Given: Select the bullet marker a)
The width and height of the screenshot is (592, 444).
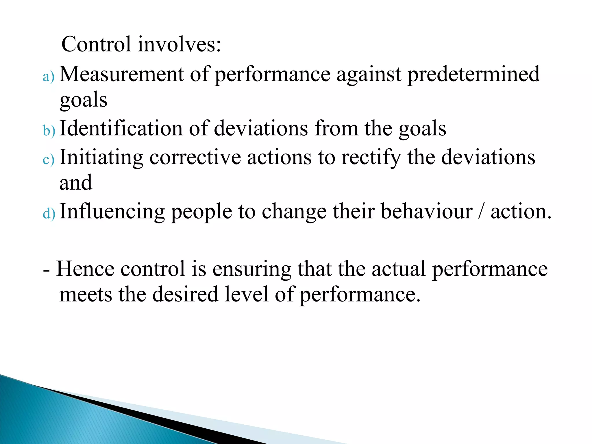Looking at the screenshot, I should click(48, 77).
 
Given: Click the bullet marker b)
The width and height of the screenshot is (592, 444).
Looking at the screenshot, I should click(49, 131).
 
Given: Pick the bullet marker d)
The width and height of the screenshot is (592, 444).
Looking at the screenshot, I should click(49, 214).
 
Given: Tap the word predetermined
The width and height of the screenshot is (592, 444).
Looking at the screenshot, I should click(473, 75).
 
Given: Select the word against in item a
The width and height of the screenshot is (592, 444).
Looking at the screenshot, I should click(369, 75).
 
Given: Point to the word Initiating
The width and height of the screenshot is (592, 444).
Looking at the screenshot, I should click(101, 158).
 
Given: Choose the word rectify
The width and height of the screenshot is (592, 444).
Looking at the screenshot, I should click(371, 158).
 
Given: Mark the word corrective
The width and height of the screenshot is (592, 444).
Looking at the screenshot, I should click(195, 158).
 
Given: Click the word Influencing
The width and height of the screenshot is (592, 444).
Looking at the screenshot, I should click(112, 212).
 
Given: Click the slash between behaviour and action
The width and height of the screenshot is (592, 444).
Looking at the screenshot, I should click(481, 212).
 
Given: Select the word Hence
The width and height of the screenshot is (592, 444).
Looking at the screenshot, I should click(85, 269).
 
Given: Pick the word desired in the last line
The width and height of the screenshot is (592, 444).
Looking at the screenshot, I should click(185, 294).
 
